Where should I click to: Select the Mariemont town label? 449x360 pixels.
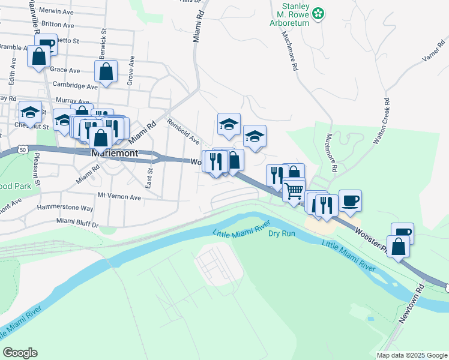115,153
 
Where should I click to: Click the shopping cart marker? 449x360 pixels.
294,191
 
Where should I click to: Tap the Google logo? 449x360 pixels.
20,353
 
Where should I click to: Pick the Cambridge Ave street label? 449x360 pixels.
75,86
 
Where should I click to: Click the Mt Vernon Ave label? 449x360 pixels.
119,197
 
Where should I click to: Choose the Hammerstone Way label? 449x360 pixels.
65,208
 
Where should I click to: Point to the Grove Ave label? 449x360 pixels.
131,70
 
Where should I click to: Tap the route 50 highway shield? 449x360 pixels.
22,148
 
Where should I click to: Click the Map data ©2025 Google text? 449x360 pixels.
412,355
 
